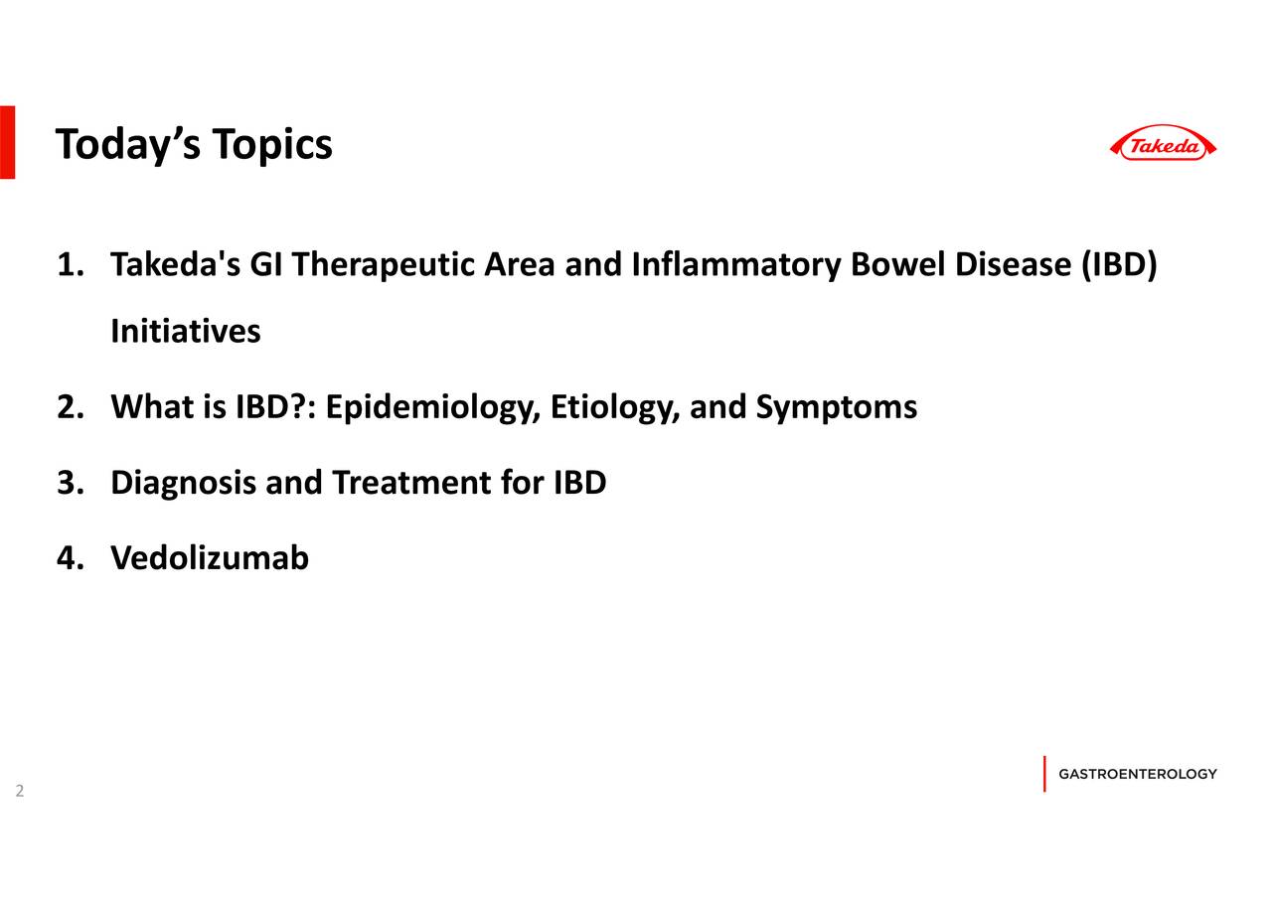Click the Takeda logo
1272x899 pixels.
pyautogui.click(x=1163, y=145)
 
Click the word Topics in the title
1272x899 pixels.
pyautogui.click(x=271, y=145)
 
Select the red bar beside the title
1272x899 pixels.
pyautogui.click(x=7, y=141)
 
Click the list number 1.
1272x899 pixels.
pyautogui.click(x=70, y=265)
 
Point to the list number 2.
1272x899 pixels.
pyautogui.click(x=70, y=407)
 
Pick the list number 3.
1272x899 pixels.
pyautogui.click(x=70, y=484)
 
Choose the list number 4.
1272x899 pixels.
pyautogui.click(x=70, y=559)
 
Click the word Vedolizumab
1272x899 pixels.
pyautogui.click(x=210, y=559)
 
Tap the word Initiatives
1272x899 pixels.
pyautogui.click(x=186, y=331)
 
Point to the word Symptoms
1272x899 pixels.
pyautogui.click(x=836, y=407)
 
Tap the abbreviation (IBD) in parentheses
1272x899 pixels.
pyautogui.click(x=1118, y=265)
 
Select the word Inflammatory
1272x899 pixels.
pyautogui.click(x=736, y=265)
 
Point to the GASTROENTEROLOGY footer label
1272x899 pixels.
pyautogui.click(x=1138, y=774)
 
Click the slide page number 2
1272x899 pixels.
pyautogui.click(x=19, y=792)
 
